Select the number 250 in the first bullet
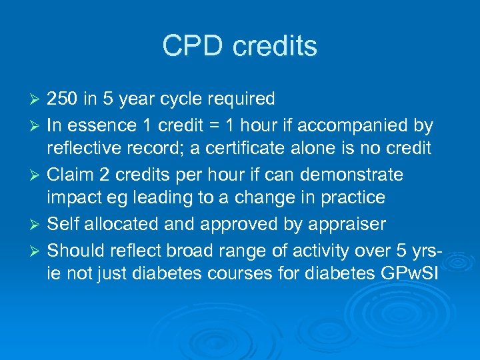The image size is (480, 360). (63, 99)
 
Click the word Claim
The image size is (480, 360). (69, 175)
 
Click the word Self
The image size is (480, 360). (62, 224)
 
